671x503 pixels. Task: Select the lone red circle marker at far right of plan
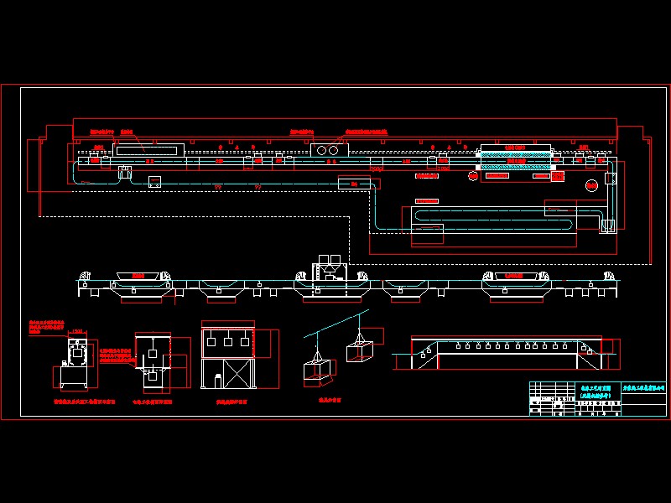pos(591,184)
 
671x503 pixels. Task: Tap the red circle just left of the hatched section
pos(472,176)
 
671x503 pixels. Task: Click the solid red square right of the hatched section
pos(554,176)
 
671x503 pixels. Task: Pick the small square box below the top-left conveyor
pos(154,181)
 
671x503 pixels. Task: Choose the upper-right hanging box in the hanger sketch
pos(361,349)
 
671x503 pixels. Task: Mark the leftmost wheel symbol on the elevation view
pos(85,277)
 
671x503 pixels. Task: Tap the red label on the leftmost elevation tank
pos(138,274)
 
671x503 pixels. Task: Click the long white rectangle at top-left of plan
pos(149,150)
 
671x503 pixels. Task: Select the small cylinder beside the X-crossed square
pos(218,380)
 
